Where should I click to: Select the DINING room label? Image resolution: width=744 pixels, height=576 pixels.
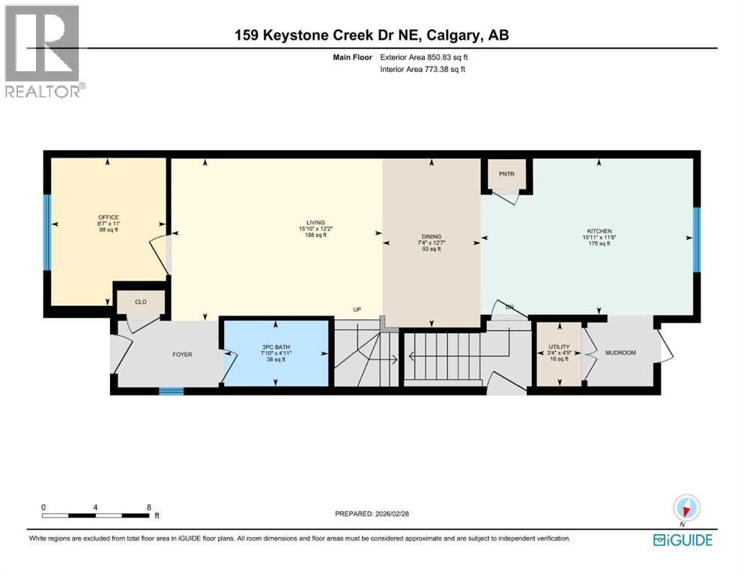431,235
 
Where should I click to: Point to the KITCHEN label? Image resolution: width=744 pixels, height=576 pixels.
599,231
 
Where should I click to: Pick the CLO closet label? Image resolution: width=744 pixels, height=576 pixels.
140,301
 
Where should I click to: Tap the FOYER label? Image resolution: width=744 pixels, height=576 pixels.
183,354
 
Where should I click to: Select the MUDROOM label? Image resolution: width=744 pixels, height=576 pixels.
620,352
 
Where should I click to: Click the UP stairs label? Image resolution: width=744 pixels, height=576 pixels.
359,309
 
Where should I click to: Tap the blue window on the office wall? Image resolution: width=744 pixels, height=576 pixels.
46,232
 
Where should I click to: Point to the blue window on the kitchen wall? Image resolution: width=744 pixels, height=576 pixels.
696,239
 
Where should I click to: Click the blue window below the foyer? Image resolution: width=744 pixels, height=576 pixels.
172,390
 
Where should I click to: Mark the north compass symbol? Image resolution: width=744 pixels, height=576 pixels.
686,508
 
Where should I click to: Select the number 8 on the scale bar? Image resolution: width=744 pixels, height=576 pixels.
148,507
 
